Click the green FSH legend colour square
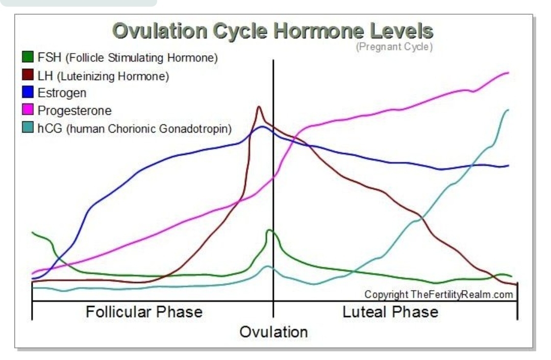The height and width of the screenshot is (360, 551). (28, 57)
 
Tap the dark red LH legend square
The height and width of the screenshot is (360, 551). (28, 75)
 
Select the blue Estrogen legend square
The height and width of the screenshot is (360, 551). (28, 92)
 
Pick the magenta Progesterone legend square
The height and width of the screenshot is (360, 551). (28, 109)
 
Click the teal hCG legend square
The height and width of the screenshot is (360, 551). (28, 127)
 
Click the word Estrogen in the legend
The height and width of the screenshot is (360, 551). (62, 93)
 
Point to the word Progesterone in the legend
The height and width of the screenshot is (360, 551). (74, 111)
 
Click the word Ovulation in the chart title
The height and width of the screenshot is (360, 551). (160, 31)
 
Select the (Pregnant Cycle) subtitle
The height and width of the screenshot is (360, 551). (394, 47)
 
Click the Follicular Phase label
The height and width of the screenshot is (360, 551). (144, 312)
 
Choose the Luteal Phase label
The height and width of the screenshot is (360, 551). (390, 312)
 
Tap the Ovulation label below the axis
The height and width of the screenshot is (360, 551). (274, 332)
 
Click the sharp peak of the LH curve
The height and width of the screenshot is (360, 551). (259, 107)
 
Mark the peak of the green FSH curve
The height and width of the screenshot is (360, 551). (269, 230)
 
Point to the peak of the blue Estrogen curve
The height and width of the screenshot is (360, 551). (262, 127)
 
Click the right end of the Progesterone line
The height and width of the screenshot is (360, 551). (509, 73)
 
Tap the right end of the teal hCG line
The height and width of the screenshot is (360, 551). (508, 110)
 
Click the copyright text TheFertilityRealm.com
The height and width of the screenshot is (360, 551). (439, 294)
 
